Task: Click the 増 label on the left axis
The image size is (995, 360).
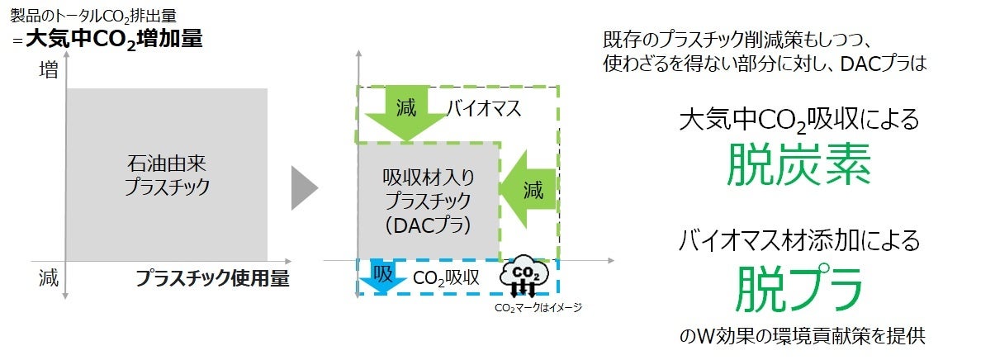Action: (49, 71)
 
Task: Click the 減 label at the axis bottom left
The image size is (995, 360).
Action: (49, 277)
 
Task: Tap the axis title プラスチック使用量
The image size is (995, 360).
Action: (212, 278)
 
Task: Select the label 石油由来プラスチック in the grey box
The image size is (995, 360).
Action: (167, 175)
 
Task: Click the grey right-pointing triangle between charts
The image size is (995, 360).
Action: (305, 192)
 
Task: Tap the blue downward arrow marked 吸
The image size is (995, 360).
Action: (383, 277)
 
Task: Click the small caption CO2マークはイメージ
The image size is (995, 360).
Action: (538, 308)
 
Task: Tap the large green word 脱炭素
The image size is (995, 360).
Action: (798, 165)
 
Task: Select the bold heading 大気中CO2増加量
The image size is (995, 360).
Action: (113, 38)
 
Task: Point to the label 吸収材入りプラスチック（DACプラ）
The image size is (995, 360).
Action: (427, 201)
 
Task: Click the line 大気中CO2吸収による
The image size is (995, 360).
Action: (798, 121)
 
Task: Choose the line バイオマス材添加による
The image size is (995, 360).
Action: (798, 241)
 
